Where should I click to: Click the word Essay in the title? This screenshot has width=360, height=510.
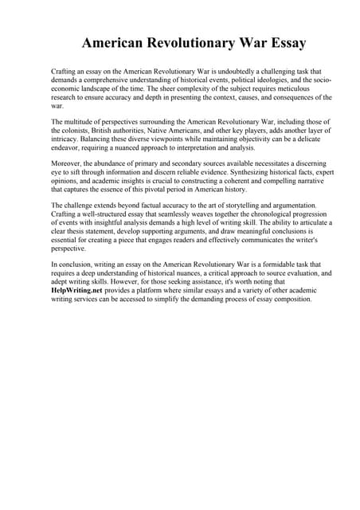point(284,42)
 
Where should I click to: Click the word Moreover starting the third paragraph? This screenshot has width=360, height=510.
point(67,163)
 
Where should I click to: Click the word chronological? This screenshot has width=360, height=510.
point(267,215)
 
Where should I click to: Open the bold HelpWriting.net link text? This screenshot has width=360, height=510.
point(79,291)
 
